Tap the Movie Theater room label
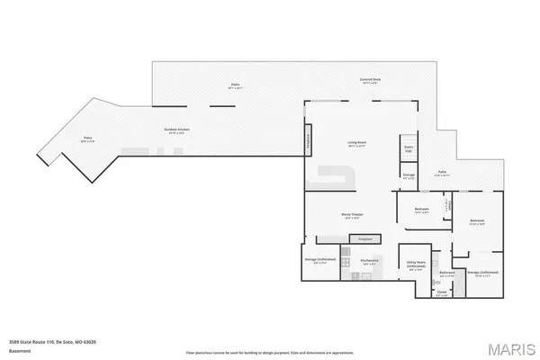coord(351,214)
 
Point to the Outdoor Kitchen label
coord(176,130)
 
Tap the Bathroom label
coord(445,273)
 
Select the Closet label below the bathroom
coord(442,292)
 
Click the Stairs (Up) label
coord(408,148)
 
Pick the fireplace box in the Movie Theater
coord(364,240)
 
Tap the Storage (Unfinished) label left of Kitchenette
coord(317,263)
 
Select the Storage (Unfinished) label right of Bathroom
coord(483,273)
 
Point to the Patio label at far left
coord(87,139)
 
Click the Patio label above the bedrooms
coord(443,172)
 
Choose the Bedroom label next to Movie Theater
coord(422,210)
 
